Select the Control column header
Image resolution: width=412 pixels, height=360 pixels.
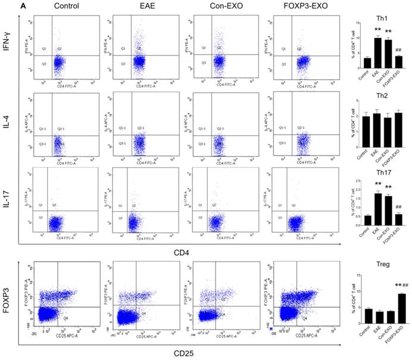point(66,7)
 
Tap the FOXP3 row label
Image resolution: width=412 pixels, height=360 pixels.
point(8,296)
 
